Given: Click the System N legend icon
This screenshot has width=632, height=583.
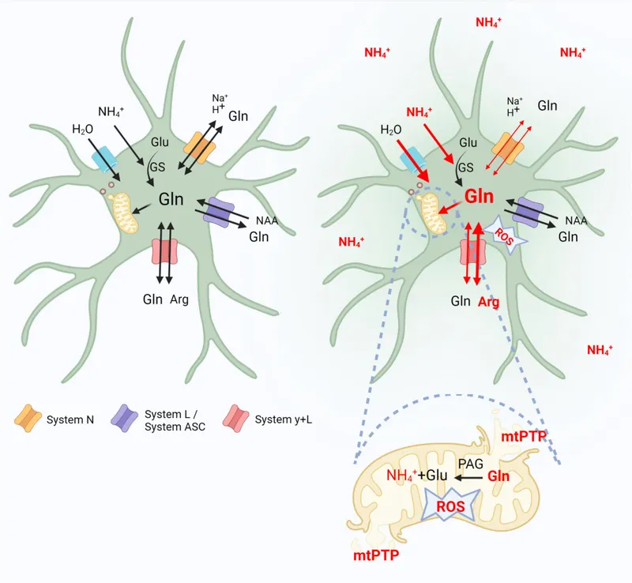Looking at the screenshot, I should pyautogui.click(x=28, y=419).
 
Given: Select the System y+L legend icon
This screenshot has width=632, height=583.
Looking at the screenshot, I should pyautogui.click(x=237, y=419).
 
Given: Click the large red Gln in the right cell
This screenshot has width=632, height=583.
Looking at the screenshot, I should pyautogui.click(x=480, y=197).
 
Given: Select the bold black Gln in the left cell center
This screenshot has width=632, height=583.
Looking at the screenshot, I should pyautogui.click(x=171, y=200).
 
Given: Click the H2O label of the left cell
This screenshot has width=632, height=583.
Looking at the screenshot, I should pyautogui.click(x=83, y=129).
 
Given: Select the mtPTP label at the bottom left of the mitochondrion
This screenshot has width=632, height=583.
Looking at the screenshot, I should pyautogui.click(x=375, y=555).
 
